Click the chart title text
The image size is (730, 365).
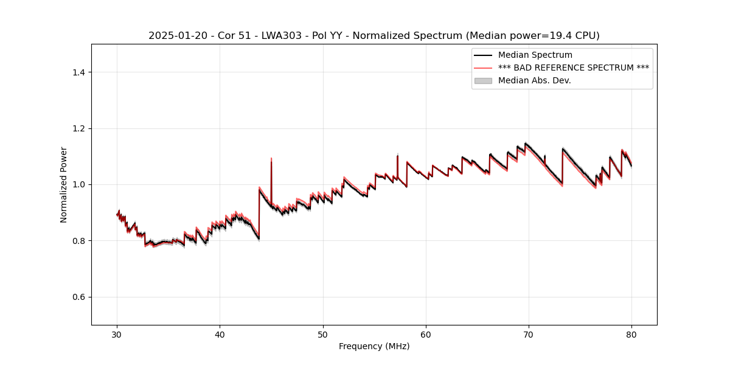click(374, 36)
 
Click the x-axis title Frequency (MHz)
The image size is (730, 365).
click(374, 346)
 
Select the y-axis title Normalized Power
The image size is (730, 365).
click(64, 184)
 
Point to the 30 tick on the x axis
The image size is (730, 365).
click(117, 335)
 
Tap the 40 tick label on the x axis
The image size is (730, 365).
click(220, 335)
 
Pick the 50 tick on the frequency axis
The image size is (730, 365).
click(322, 335)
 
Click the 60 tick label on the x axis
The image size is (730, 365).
click(426, 335)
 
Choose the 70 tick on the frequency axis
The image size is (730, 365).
click(529, 335)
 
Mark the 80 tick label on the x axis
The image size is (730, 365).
click(631, 335)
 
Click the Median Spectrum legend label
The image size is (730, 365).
click(535, 55)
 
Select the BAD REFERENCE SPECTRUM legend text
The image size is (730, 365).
click(573, 68)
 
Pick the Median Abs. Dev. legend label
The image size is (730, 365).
click(534, 80)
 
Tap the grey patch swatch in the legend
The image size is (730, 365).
click(483, 80)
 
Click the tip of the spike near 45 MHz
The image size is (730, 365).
click(271, 158)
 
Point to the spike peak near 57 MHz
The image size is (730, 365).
click(397, 155)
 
